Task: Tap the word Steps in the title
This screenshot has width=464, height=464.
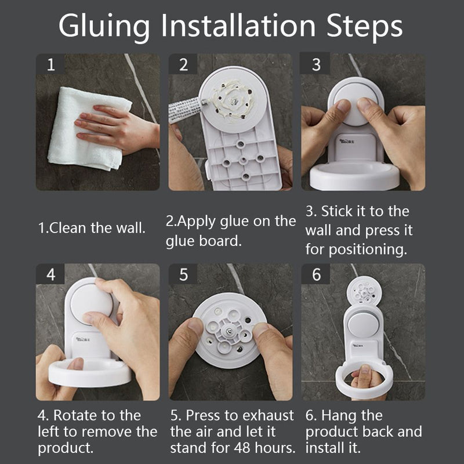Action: tap(364, 26)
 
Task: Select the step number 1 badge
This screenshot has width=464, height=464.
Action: tap(50, 64)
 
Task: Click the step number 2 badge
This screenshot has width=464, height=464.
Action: tap(183, 64)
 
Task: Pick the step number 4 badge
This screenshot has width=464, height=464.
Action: tap(50, 274)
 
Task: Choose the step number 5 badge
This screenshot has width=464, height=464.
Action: tap(183, 274)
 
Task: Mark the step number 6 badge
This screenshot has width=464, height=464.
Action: tap(316, 274)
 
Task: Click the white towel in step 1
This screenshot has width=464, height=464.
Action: tap(89, 130)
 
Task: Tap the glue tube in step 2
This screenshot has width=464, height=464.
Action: tap(187, 109)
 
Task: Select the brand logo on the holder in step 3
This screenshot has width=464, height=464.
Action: tap(346, 141)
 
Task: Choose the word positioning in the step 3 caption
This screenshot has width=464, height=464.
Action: tap(368, 249)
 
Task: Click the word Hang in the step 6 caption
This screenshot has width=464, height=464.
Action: tap(338, 416)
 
